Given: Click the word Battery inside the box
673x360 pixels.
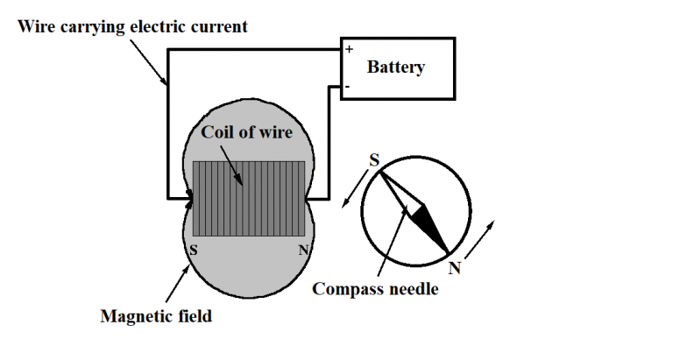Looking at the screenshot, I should point(395,67).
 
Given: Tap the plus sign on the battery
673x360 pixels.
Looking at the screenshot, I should point(348,50).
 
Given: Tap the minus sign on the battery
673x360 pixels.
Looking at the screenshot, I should point(348,87).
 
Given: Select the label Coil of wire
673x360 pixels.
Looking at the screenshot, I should point(246,132).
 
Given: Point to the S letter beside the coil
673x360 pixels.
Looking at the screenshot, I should point(193,248).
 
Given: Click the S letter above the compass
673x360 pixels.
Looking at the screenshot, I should point(374,160).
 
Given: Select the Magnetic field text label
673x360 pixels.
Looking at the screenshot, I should point(156,316).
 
